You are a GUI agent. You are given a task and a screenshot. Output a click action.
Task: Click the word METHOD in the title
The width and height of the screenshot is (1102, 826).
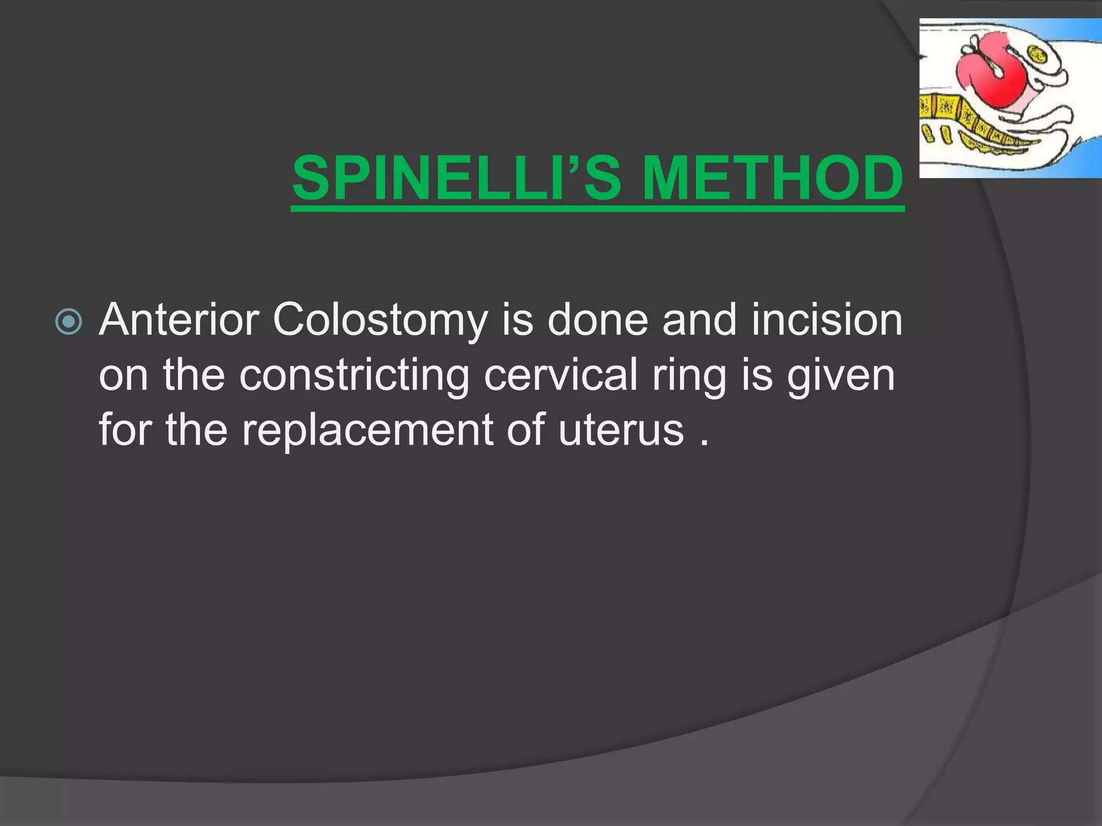click(x=772, y=178)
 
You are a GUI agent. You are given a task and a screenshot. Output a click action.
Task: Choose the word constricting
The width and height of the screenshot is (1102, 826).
click(x=354, y=376)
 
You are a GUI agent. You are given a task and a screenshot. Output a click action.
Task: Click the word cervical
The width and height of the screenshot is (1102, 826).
click(x=560, y=375)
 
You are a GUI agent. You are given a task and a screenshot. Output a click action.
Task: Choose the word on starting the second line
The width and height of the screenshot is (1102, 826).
click(x=123, y=376)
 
